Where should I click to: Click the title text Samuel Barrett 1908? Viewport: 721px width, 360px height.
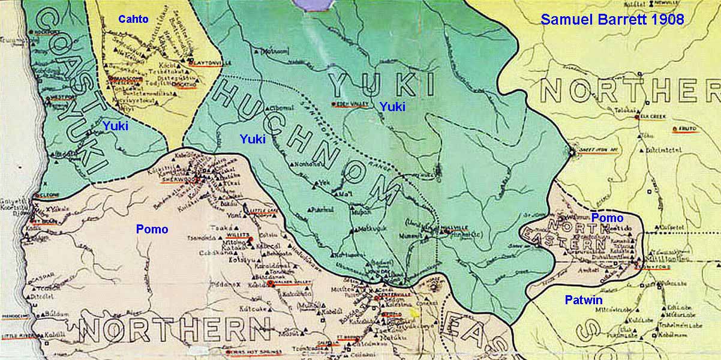[612, 19]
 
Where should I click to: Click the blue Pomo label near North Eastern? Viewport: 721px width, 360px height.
[607, 218]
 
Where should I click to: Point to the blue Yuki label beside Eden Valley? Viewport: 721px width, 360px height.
[392, 107]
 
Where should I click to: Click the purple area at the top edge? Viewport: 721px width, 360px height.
[314, 4]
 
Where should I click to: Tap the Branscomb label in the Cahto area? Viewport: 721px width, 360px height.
[127, 79]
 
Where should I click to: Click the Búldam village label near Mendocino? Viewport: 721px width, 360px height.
[56, 314]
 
